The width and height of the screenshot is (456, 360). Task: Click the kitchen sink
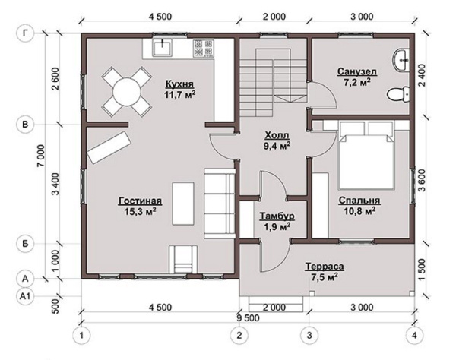[163, 48]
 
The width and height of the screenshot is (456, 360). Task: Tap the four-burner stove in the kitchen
[204, 49]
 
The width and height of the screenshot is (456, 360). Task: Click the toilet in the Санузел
[398, 94]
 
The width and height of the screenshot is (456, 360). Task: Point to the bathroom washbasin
[401, 60]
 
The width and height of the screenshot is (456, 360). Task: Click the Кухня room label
[179, 84]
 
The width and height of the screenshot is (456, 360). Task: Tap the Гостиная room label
[140, 201]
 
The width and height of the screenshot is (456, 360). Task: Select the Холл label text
[277, 135]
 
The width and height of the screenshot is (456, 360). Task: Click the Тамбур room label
[277, 216]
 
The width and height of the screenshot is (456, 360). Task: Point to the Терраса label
[325, 267]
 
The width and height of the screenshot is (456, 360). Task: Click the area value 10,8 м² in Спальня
[359, 211]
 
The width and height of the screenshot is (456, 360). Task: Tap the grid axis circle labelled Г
[26, 33]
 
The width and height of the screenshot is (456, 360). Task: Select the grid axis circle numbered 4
[414, 336]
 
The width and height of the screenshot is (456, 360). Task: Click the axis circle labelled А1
[26, 296]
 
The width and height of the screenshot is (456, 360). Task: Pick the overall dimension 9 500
[248, 318]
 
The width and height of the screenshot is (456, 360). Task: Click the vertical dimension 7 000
[41, 156]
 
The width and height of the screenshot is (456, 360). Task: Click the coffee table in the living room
[183, 204]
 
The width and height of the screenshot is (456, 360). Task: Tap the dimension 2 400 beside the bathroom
[421, 75]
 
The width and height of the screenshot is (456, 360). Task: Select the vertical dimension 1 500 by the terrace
[421, 270]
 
